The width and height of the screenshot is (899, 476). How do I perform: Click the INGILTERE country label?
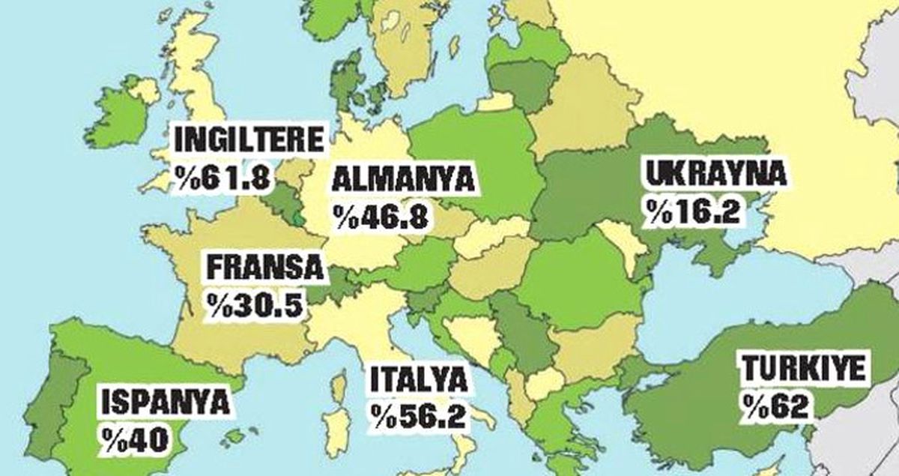click(x=250, y=141)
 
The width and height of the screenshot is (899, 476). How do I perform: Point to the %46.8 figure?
click(x=381, y=217)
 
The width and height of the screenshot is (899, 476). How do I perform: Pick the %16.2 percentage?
click(x=695, y=211)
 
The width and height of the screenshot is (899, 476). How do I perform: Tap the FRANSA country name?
click(x=267, y=268)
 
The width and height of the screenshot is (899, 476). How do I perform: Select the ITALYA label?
click(x=420, y=381)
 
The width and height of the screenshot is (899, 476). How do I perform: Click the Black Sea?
click(x=712, y=300)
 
